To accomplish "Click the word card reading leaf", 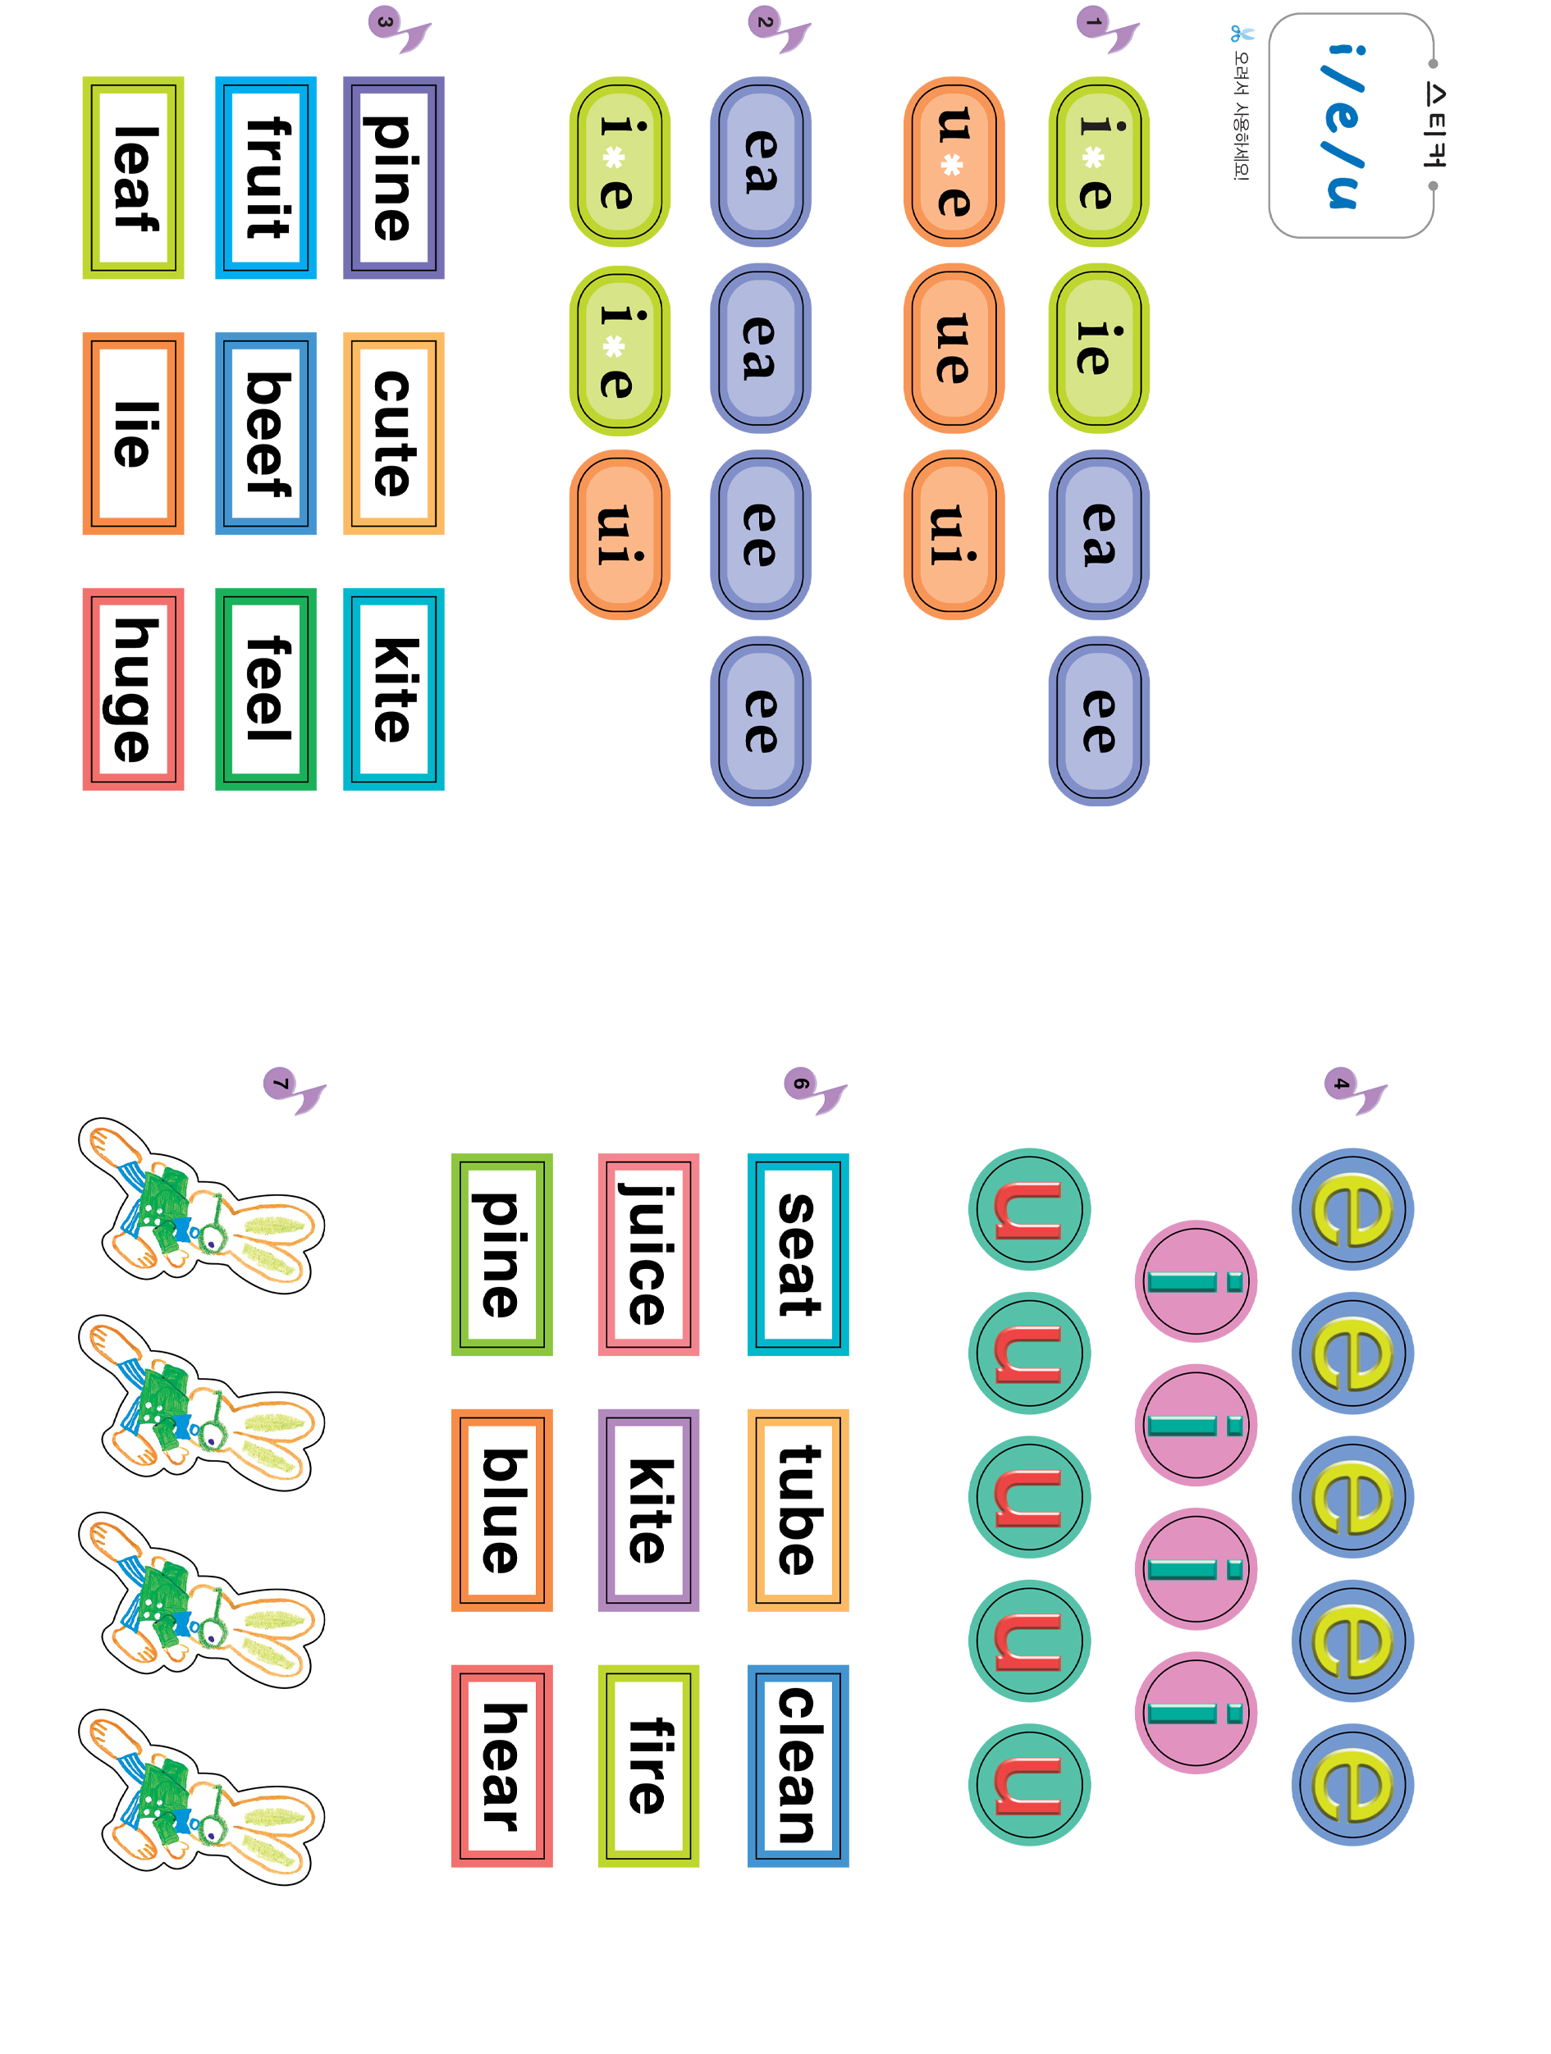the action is (133, 177).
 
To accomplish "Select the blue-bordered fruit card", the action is (266, 177).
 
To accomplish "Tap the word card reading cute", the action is (394, 434).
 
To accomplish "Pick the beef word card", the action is (266, 434).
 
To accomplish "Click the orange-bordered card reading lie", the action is (133, 434).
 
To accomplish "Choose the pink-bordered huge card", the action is (133, 689).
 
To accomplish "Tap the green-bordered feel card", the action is (266, 689).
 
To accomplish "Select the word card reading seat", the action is (798, 1254).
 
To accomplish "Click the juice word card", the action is (648, 1254).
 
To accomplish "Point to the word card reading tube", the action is (798, 1510).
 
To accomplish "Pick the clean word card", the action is (798, 1766).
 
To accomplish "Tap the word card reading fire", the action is (648, 1766).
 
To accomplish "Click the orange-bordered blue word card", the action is (501, 1510).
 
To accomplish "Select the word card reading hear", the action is (501, 1766).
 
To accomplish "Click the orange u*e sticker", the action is (954, 162).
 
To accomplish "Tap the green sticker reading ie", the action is (1099, 349).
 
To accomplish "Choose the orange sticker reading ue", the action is (954, 349).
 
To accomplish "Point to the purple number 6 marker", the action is (799, 1083).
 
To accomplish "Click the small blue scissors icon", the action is (1242, 34).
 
